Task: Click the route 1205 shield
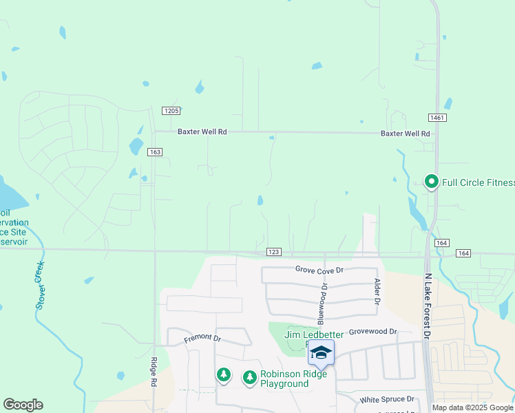[171, 111]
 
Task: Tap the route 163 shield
[156, 152]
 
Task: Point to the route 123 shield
[273, 253]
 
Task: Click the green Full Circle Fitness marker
[432, 182]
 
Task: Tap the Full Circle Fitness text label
[478, 182]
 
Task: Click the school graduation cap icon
[321, 353]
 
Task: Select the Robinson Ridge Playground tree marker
[249, 377]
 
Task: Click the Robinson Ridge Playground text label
[284, 379]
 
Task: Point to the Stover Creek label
[39, 284]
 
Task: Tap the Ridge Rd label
[154, 375]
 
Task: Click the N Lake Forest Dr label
[427, 306]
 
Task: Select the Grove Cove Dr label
[319, 271]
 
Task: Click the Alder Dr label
[377, 291]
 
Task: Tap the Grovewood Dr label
[373, 331]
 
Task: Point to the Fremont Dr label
[202, 339]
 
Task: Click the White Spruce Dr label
[387, 399]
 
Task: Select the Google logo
[23, 405]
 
